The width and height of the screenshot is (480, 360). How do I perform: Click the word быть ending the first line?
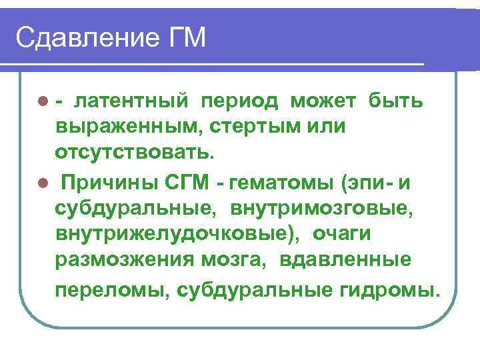click(x=397, y=101)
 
